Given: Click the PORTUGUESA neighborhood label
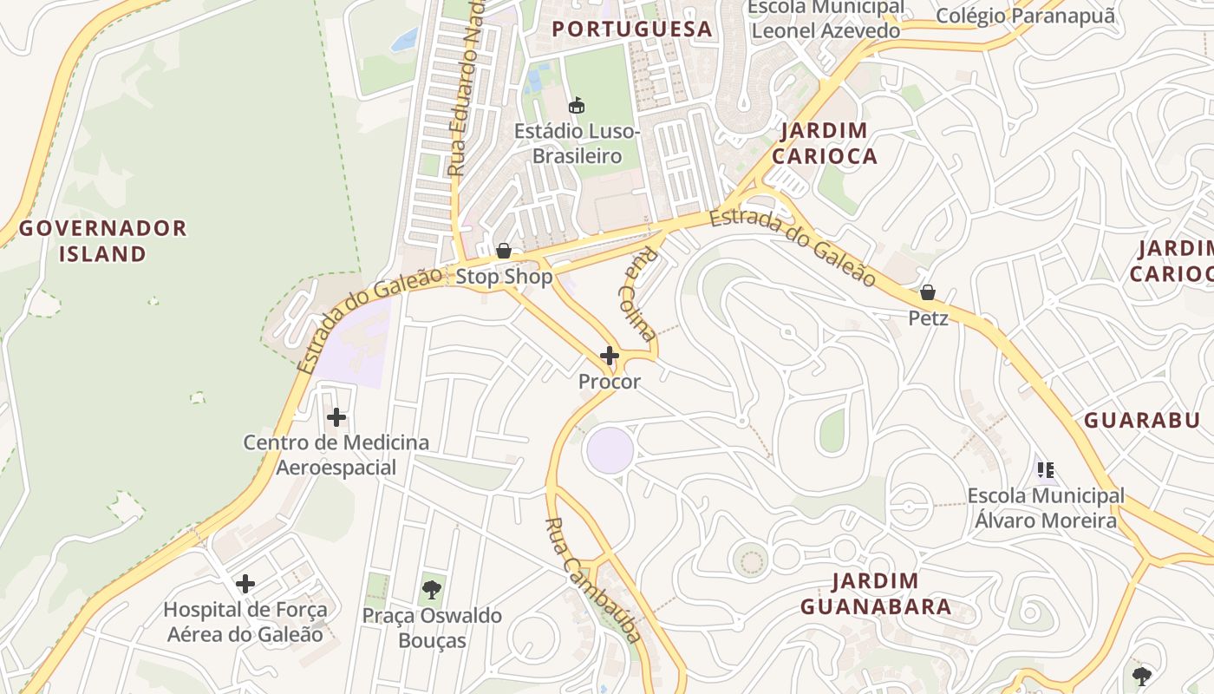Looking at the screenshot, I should point(632,29).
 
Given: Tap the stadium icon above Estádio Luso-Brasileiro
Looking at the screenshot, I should point(576,105).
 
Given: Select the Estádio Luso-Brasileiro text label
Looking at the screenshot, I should point(577,144).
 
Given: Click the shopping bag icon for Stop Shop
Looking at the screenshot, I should point(504,252).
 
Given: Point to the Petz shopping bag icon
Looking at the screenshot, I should point(927,292).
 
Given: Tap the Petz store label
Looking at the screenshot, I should point(928,318).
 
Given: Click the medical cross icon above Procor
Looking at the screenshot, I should point(610,356).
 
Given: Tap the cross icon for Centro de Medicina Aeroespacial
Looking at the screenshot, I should point(336,417).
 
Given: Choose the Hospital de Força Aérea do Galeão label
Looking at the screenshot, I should point(245,622).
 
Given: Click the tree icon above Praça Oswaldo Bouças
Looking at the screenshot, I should point(431,590).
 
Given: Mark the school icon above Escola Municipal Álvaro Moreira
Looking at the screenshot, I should point(1046,470).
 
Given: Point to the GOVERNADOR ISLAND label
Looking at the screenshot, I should point(103,241).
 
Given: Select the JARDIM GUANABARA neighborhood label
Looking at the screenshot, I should point(875,593).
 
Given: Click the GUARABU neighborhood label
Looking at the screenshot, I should point(1141,420).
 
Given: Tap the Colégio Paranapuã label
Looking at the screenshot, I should point(1025,16).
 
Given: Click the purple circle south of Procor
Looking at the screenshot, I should point(610,450).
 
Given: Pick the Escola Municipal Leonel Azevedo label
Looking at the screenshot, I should point(826,20).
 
